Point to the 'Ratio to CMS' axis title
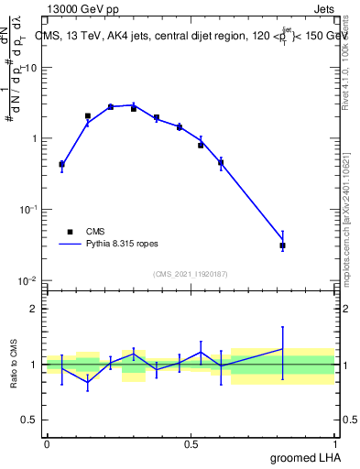pos(15,364)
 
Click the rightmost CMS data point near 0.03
pos(283,245)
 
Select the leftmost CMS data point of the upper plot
pos(61,165)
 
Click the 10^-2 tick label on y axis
pos(29,280)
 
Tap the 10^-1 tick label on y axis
pos(29,210)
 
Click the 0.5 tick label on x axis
pos(191,443)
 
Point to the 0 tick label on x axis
pos(47,443)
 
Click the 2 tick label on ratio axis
pos(37,309)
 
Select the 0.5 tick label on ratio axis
pos(32,420)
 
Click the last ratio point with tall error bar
pos(283,349)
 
